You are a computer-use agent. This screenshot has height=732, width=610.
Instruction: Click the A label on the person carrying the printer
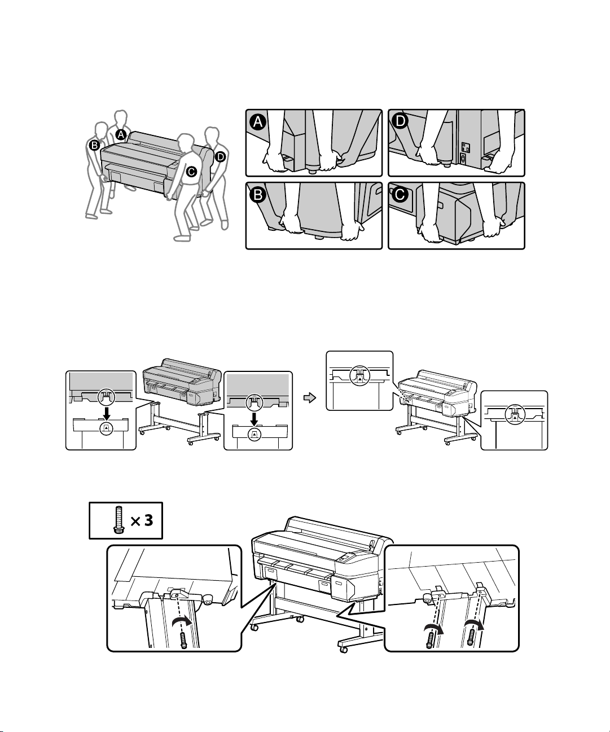point(120,134)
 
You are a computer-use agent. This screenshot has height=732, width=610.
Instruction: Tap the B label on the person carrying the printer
point(95,146)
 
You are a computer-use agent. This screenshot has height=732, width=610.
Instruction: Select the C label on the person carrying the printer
point(192,172)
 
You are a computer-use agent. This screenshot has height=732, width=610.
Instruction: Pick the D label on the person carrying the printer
point(220,156)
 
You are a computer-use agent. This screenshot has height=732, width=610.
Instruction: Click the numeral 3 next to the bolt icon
point(148,520)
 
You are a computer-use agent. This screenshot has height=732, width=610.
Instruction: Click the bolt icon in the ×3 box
point(117,520)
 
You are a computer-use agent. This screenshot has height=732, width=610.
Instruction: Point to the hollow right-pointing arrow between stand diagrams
point(308,398)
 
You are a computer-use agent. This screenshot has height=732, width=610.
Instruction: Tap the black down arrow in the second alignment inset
point(254,418)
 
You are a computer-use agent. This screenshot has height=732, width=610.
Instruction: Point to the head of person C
point(184,141)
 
